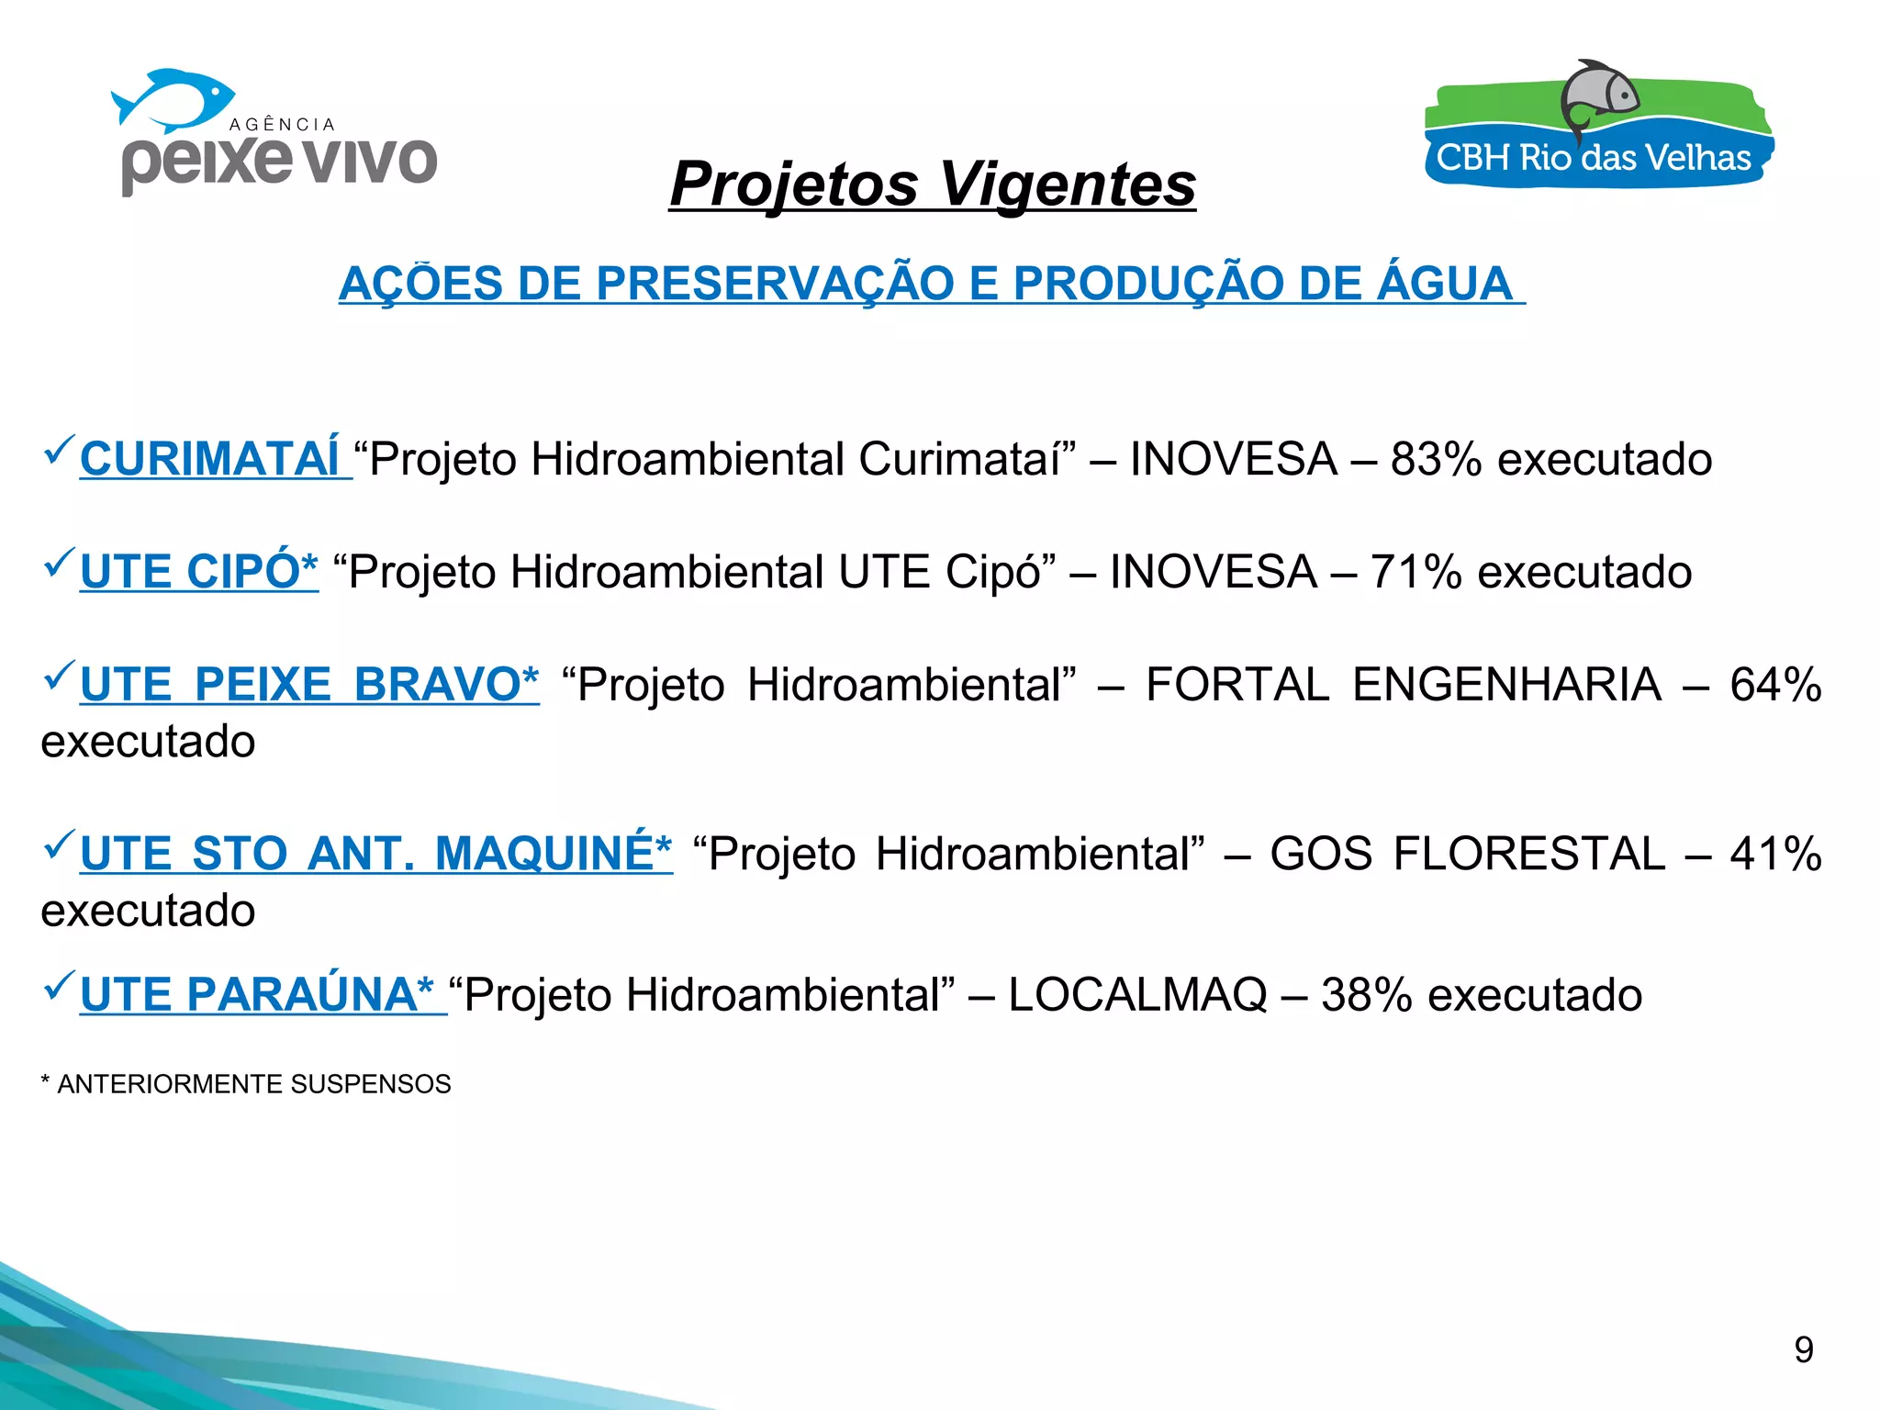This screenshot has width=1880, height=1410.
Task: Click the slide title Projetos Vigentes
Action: click(932, 184)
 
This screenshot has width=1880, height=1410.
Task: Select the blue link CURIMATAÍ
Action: click(210, 459)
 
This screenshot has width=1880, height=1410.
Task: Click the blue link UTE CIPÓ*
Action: click(199, 572)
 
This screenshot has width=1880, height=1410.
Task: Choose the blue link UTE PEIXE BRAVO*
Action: click(309, 685)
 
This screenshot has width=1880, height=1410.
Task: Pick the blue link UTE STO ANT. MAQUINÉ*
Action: click(375, 854)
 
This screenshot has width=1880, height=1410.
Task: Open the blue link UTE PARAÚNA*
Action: click(257, 995)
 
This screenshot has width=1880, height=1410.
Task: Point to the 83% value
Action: click(1436, 459)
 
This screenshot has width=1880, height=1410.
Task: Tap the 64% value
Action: click(1775, 685)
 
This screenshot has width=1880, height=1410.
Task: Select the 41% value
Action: click(1775, 854)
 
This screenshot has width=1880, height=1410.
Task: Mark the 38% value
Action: click(1366, 995)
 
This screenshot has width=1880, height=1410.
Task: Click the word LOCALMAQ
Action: click(1137, 995)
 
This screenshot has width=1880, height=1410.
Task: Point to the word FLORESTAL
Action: click(1528, 854)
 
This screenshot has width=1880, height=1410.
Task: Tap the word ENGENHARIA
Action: click(1506, 685)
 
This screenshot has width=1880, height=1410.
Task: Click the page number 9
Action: click(1804, 1350)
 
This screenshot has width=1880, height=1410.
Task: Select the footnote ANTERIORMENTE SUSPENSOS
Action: click(253, 1084)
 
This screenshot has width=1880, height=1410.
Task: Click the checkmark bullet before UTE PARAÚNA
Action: click(59, 987)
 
